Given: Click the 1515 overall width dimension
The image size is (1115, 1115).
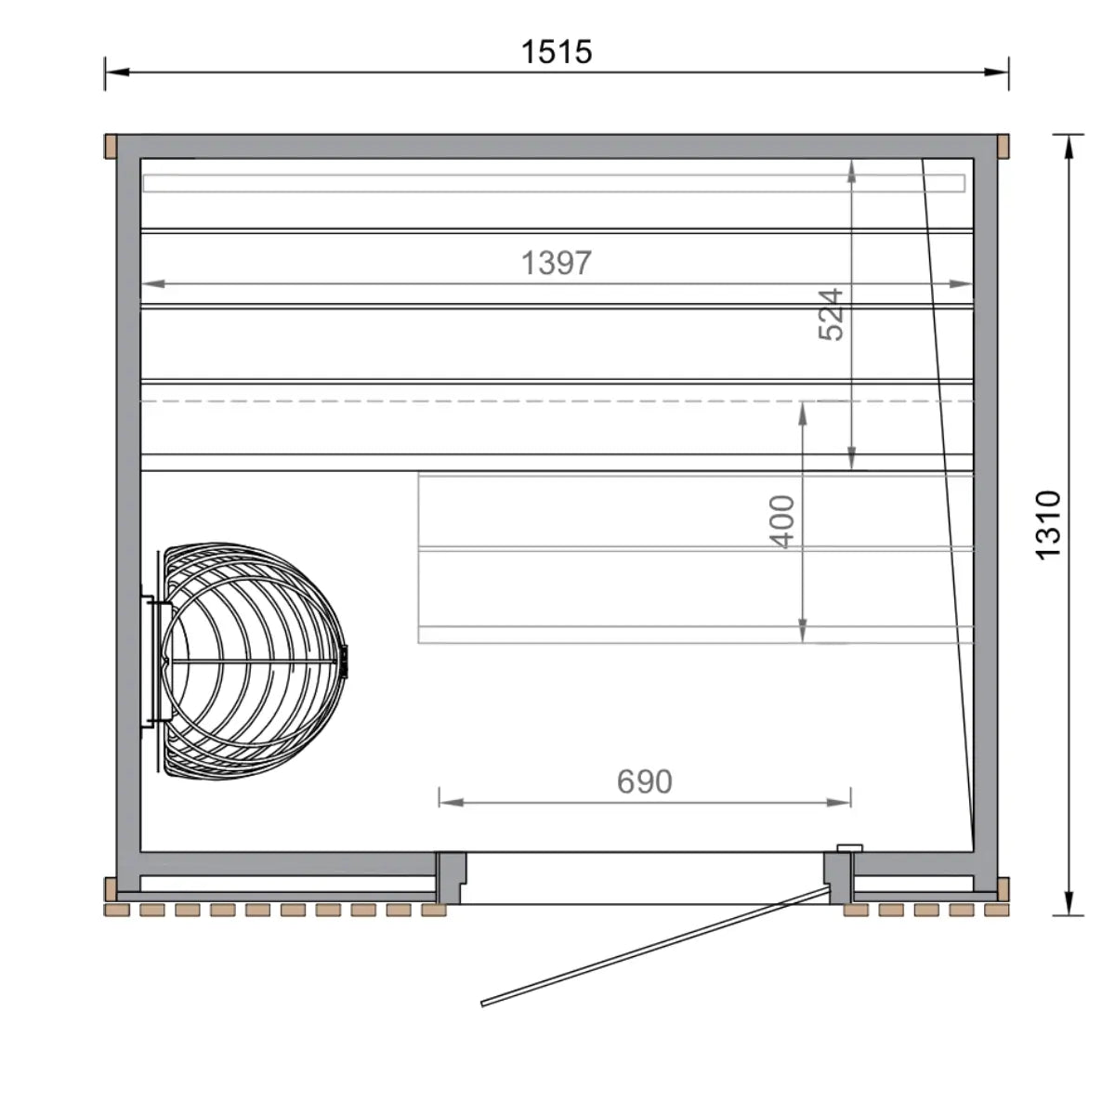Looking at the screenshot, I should [x=556, y=52].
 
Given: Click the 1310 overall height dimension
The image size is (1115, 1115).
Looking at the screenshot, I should [x=1047, y=524].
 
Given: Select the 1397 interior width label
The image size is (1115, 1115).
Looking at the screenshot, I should [x=556, y=264].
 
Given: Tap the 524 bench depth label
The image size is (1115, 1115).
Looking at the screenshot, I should [x=832, y=314].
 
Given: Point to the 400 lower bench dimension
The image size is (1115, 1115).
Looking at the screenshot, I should [x=783, y=521].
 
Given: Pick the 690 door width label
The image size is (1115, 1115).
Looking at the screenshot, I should [x=644, y=781].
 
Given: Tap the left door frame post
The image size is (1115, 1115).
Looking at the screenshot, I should [x=451, y=878].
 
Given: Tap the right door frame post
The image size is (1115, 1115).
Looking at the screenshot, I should [x=838, y=878].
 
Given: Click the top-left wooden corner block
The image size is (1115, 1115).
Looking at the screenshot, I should [x=110, y=147].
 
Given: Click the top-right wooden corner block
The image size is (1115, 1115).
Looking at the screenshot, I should [x=1003, y=147].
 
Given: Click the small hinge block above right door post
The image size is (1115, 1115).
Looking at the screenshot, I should [x=849, y=847].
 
